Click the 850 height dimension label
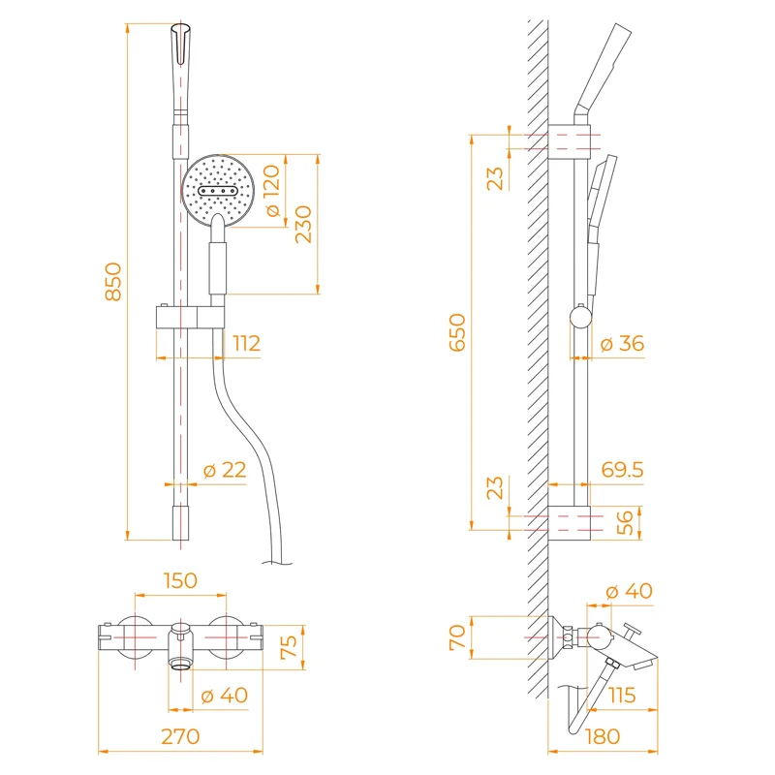point(113,281)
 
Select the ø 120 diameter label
point(271,191)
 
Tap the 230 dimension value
point(304,223)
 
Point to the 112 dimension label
point(246,343)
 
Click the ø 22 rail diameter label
point(225,470)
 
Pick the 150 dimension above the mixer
point(180,580)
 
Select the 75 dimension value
point(289,648)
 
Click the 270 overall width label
point(180,736)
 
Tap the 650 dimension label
point(456,332)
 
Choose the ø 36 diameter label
point(622,343)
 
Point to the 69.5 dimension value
point(622,470)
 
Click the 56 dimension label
point(626,522)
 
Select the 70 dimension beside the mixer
point(456,636)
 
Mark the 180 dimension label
point(603,736)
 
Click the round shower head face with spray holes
point(221,189)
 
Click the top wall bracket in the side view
point(569,140)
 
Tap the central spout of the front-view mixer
point(180,646)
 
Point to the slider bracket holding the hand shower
point(190,318)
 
